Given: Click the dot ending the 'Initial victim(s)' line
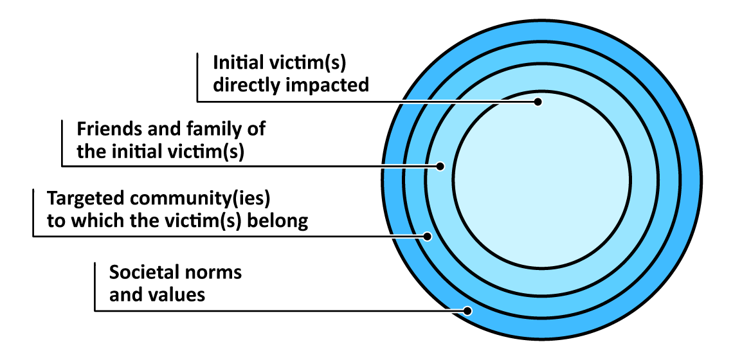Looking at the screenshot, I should (539, 102).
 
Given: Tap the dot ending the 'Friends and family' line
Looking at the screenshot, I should (440, 166).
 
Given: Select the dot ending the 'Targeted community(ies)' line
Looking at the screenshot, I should (427, 236).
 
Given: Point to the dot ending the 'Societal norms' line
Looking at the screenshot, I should (468, 311).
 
